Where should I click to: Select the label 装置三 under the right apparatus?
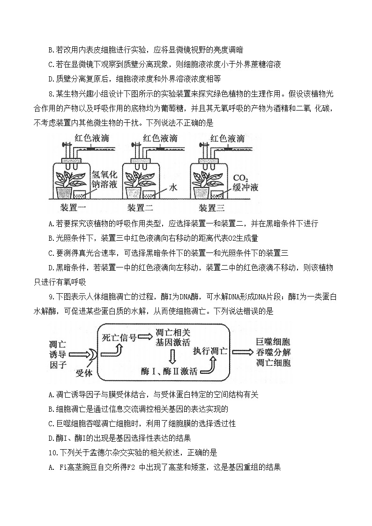tap(211, 208)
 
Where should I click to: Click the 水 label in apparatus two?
tap(173, 187)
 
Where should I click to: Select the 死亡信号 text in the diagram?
tap(119, 337)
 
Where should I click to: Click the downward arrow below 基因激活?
tap(172, 357)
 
